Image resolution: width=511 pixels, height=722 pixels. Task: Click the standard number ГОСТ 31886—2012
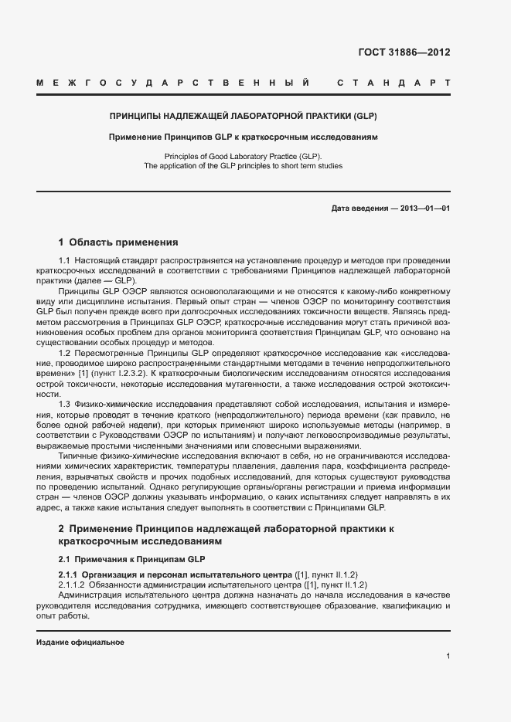tap(404, 53)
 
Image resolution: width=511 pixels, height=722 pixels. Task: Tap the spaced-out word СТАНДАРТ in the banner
tap(393, 82)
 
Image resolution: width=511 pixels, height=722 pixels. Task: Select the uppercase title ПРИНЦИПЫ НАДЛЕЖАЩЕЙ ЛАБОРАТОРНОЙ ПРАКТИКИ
tap(243, 117)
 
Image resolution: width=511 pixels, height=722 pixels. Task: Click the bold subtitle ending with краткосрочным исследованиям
tap(243, 137)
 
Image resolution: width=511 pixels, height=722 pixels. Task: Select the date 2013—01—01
tap(425, 208)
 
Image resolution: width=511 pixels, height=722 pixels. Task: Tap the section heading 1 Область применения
tap(118, 242)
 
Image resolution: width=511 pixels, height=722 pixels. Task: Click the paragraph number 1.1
tap(64, 261)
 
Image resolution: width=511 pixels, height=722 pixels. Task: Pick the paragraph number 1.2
tap(64, 352)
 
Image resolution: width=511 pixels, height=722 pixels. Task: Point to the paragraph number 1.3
tap(64, 405)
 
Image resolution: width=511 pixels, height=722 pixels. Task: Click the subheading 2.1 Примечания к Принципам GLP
tap(131, 558)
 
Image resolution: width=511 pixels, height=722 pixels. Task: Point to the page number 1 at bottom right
tap(448, 656)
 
